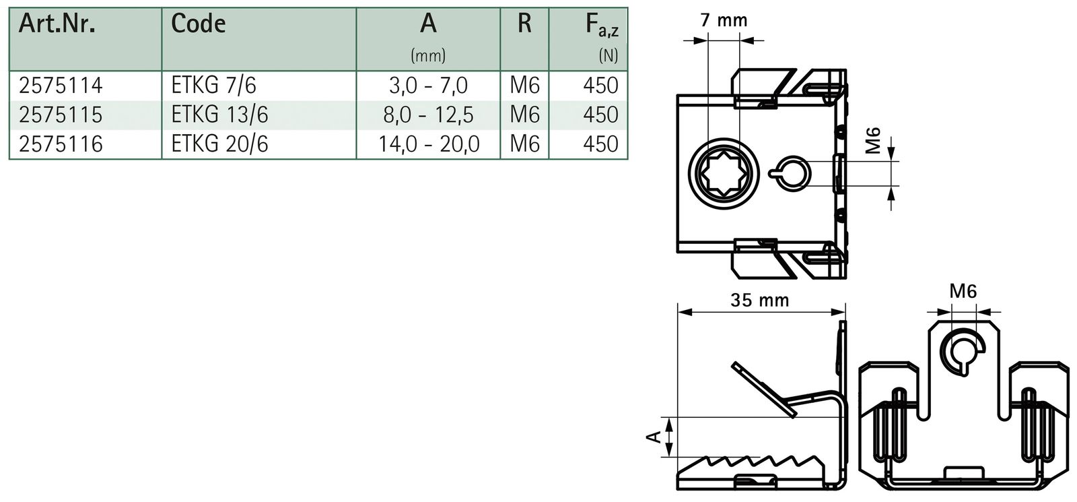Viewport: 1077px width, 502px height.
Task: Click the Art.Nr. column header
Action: click(x=57, y=24)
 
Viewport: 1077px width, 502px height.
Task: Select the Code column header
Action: click(x=198, y=24)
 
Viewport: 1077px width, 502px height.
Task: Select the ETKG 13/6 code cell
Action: click(x=219, y=115)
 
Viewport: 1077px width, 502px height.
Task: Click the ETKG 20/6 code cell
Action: click(x=219, y=144)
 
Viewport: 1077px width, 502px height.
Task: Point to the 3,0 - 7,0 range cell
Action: click(x=428, y=86)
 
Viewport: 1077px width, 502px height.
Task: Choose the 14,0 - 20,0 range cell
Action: click(x=428, y=144)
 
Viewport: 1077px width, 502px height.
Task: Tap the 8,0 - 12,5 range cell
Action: click(x=428, y=115)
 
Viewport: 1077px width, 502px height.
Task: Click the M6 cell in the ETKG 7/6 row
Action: click(x=524, y=86)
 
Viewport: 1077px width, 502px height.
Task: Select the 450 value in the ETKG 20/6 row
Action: click(x=600, y=144)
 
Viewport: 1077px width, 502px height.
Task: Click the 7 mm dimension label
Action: click(x=724, y=20)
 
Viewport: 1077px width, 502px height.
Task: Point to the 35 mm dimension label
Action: click(x=760, y=300)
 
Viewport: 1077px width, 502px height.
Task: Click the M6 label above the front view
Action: click(x=963, y=292)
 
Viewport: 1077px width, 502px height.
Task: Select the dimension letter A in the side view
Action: click(x=652, y=437)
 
